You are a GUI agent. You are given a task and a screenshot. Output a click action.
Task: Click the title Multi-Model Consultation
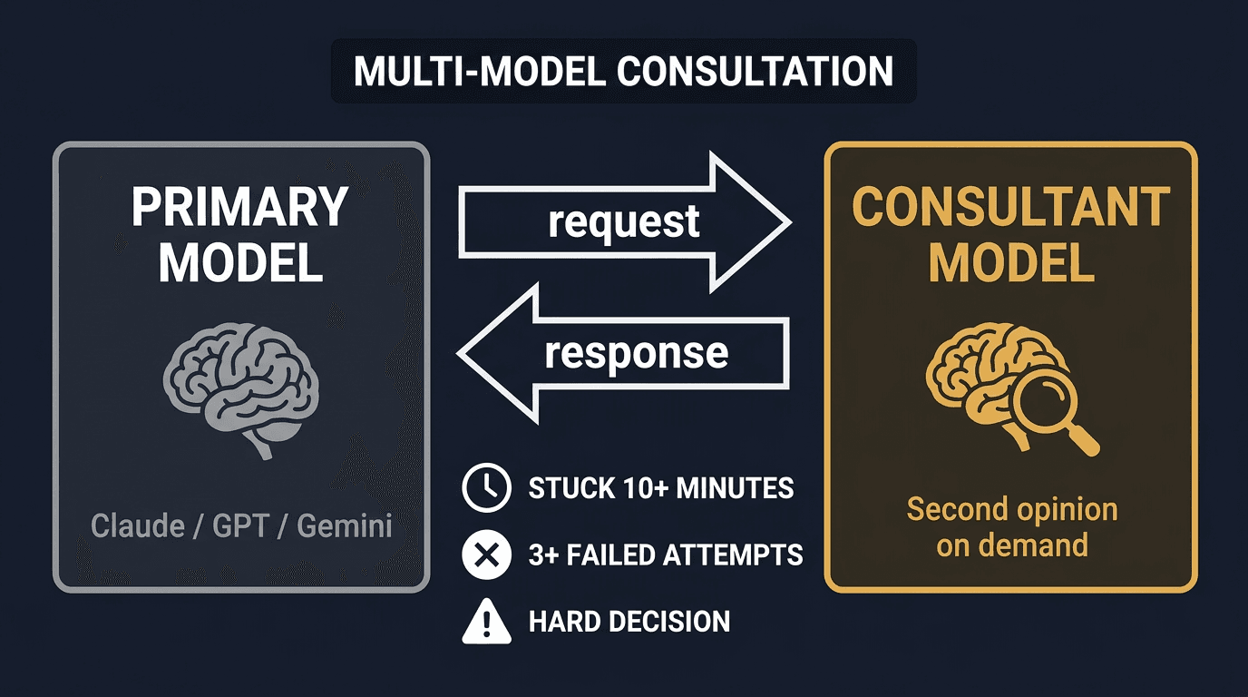[x=623, y=72]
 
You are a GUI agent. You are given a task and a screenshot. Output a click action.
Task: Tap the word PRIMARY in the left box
[x=240, y=208]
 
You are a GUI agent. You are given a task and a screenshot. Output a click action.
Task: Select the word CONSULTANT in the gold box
[x=1011, y=208]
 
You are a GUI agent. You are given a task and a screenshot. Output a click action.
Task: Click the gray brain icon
[x=240, y=387]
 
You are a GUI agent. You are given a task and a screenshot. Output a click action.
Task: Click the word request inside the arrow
[x=623, y=221]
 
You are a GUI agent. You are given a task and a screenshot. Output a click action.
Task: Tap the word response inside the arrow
[x=636, y=352]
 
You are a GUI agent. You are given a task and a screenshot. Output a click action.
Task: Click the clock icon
[x=486, y=488]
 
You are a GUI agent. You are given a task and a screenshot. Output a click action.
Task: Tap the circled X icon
[x=486, y=555]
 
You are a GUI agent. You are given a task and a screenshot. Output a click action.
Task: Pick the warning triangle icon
[x=486, y=622]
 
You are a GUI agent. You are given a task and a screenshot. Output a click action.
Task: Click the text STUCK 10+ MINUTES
[x=660, y=489]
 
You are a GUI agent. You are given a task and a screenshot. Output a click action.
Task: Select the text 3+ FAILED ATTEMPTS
[x=666, y=555]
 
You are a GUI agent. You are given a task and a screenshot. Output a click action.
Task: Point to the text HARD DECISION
[x=629, y=622]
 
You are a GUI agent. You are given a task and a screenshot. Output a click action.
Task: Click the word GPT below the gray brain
[x=241, y=525]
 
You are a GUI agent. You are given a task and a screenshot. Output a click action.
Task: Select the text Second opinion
[x=1011, y=509]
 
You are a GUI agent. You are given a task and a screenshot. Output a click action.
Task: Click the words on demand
[x=1011, y=545]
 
